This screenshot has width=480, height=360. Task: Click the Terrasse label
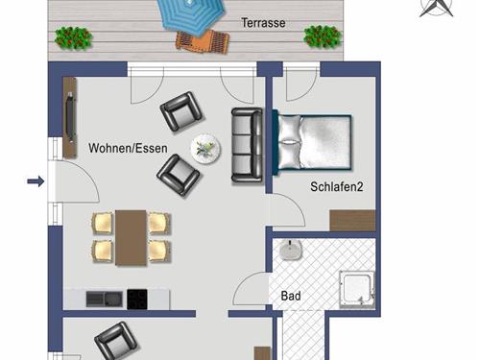pos(263,23)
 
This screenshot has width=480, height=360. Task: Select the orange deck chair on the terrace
pos(203,41)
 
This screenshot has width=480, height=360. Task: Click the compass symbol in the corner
pos(436,8)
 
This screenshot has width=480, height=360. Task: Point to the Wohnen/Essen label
pos(128,148)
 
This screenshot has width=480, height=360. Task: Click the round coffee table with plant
pos(205,149)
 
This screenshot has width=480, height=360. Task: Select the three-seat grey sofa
pos(247,145)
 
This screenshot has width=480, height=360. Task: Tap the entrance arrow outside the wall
pos(36,181)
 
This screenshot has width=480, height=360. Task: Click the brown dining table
pos(131,237)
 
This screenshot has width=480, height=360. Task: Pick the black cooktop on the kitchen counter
pos(137,300)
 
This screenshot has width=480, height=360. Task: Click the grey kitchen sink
pos(105,300)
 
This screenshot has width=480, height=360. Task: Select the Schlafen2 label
pos(337,187)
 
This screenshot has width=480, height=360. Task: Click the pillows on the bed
pos(290,142)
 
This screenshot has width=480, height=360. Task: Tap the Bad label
pos(291,296)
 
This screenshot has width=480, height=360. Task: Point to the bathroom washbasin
pos(291,250)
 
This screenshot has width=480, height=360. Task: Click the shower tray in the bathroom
pos(357,290)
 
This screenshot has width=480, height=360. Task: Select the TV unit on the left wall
pos(70,117)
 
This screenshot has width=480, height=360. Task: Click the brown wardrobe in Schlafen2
pos(352,220)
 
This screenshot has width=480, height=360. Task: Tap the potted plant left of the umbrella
pos(73,38)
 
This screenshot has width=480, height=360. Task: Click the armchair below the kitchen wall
pos(116,341)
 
